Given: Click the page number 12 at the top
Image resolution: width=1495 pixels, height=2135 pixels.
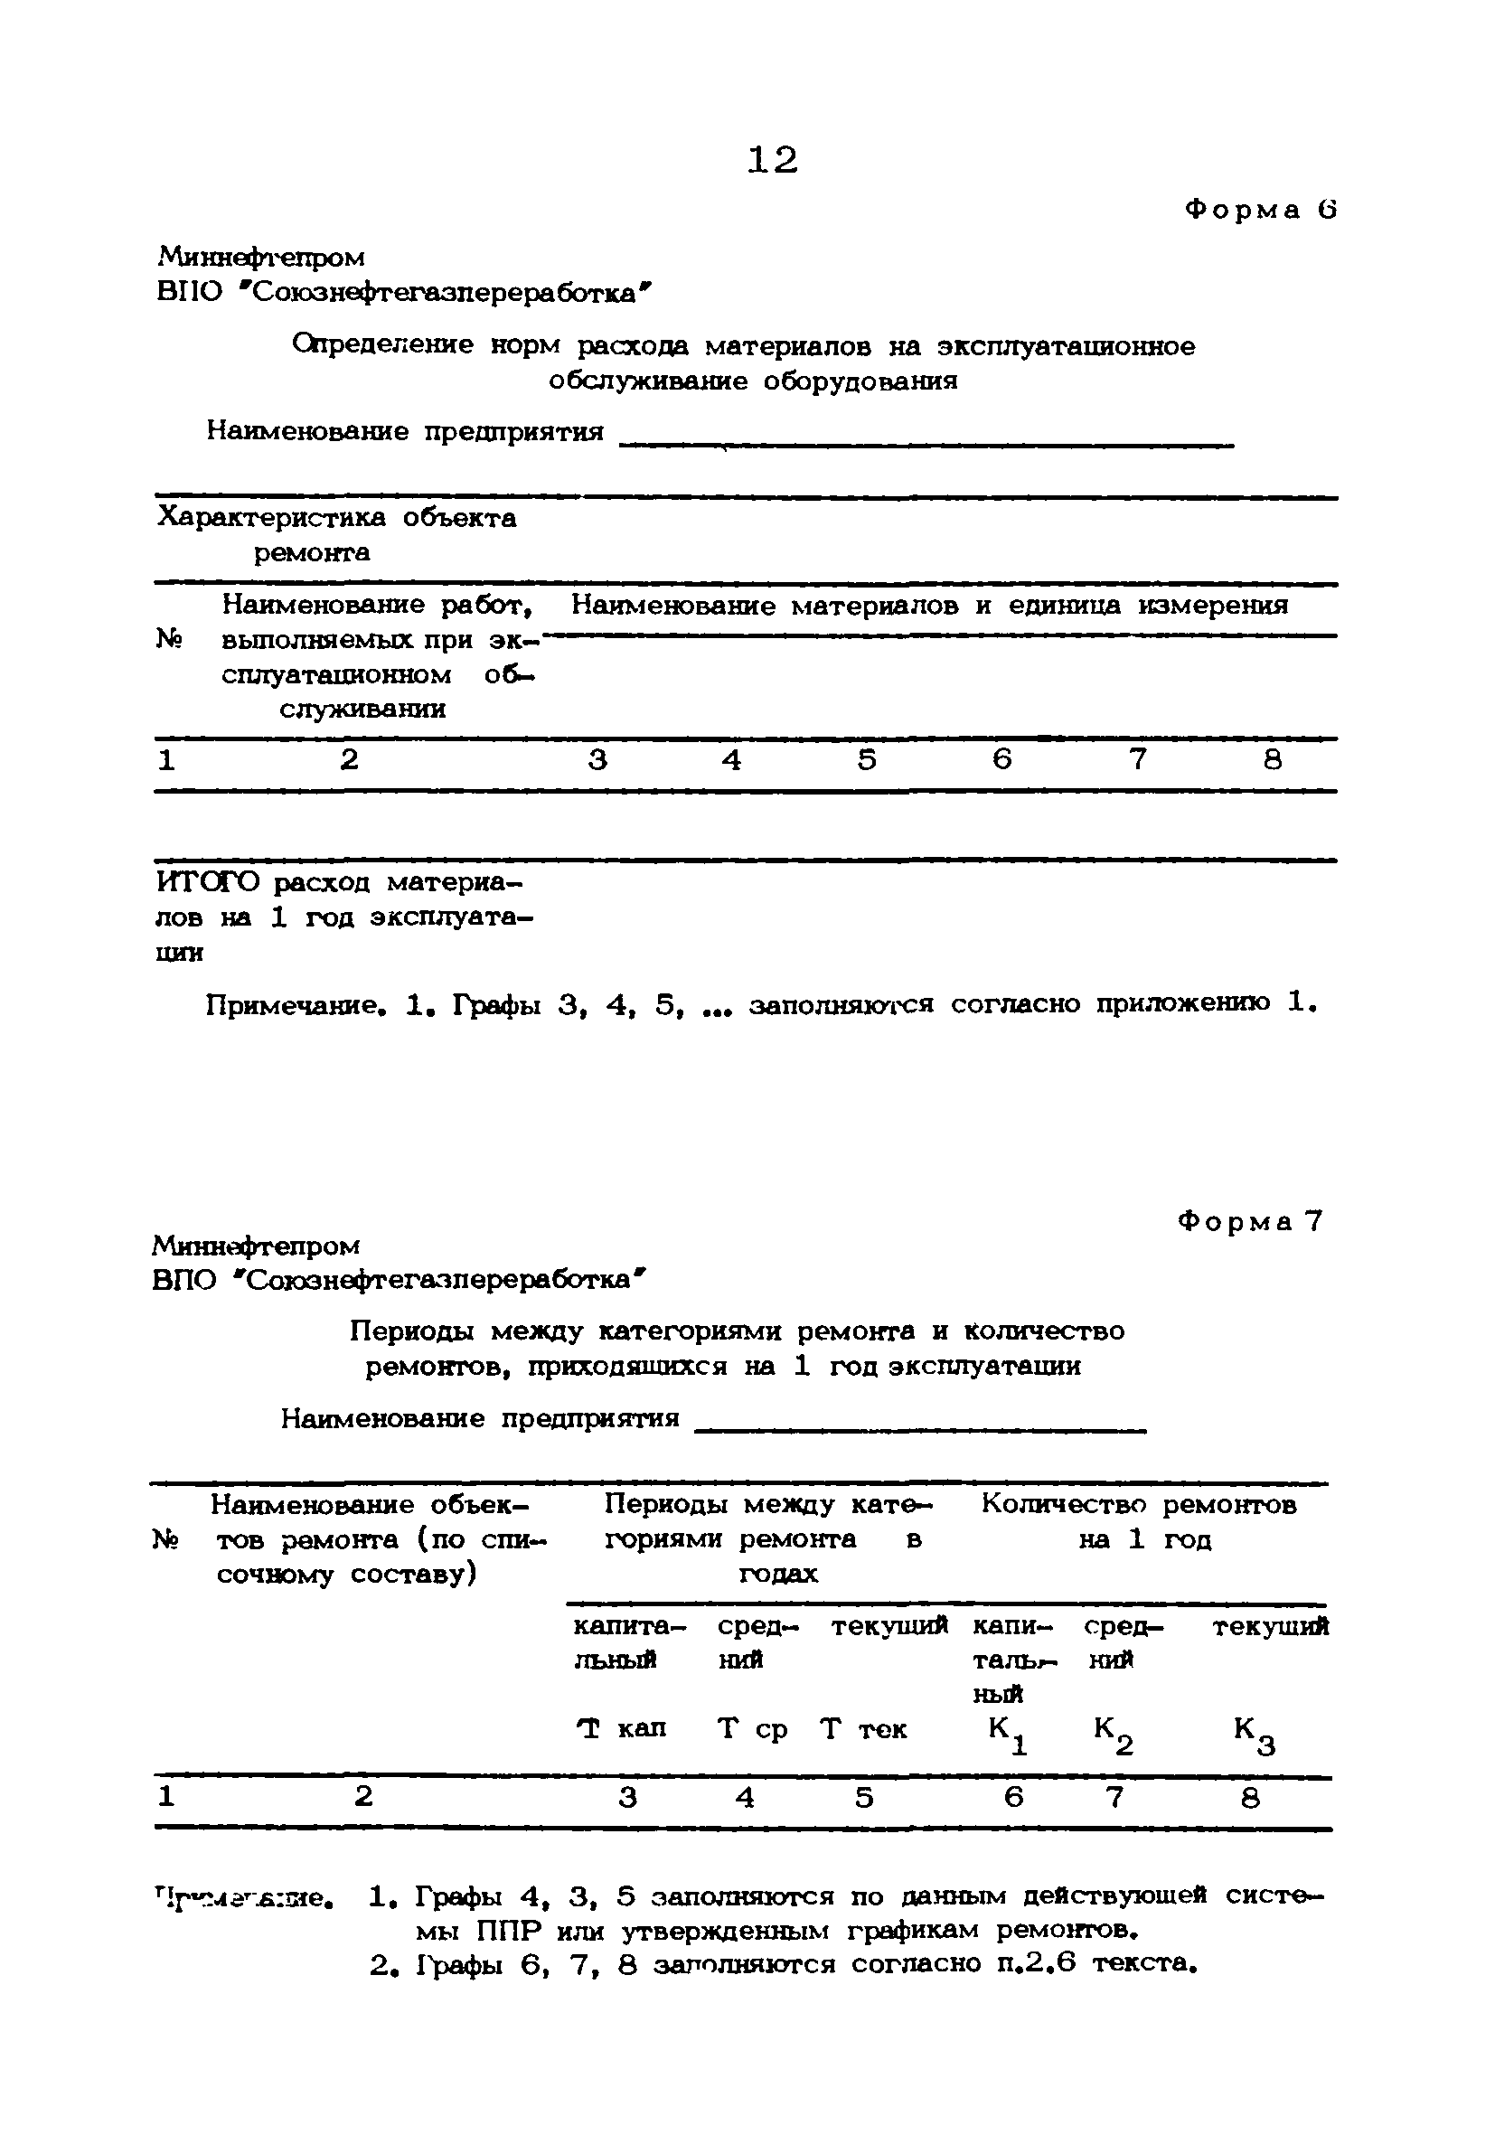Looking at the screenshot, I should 772,161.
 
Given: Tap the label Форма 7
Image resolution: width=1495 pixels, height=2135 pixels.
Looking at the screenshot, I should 1249,1221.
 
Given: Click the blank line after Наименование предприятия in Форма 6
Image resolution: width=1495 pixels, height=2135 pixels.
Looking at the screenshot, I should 925,443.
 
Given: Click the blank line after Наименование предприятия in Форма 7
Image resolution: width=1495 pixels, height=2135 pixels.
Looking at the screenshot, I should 920,1427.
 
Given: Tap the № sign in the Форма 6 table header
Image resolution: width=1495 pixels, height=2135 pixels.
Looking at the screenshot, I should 167,639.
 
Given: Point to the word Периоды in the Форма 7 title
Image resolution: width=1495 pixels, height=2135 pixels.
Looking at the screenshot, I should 414,1331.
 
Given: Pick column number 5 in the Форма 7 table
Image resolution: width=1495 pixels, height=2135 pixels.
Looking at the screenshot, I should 864,1798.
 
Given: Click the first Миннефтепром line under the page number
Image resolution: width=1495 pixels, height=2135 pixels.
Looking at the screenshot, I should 261,257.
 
